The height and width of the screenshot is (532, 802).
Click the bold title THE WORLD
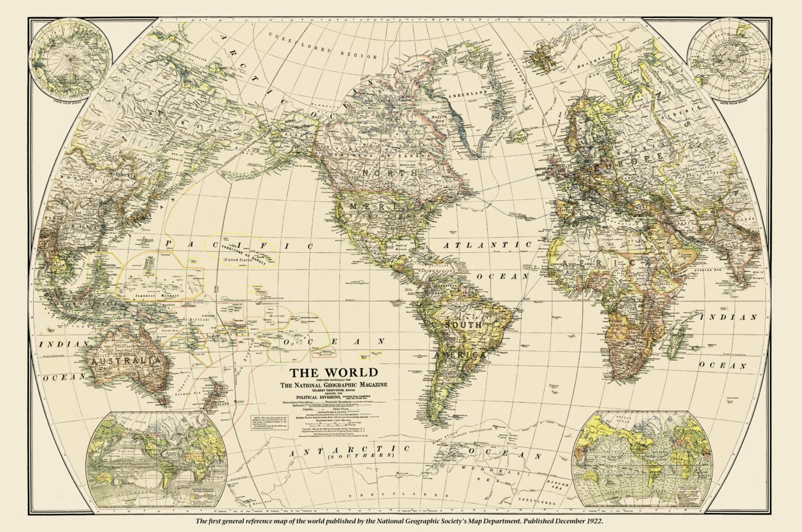pos(334,373)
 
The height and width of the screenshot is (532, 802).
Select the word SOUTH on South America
pos(463,324)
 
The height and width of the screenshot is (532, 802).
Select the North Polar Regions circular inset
pos(71,59)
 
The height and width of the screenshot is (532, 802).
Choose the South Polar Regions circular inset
pos(729,59)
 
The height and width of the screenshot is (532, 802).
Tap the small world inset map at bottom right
pos(641,457)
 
